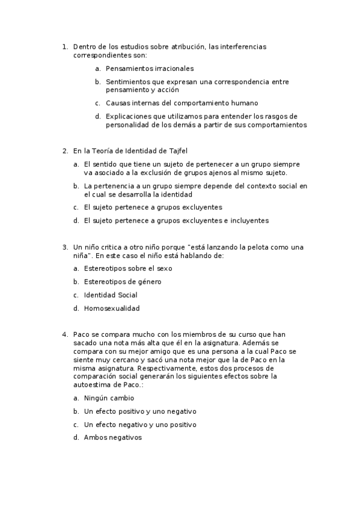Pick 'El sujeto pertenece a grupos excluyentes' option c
tap(153, 207)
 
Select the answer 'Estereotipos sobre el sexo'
tap(128, 268)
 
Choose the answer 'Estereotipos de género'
tap(123, 281)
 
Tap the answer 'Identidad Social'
tap(111, 295)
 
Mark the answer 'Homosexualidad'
tap(112, 309)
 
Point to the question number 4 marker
tap(64, 334)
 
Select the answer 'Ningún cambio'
tap(109, 398)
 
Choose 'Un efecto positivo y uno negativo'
tap(140, 411)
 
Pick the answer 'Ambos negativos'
tap(112, 438)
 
